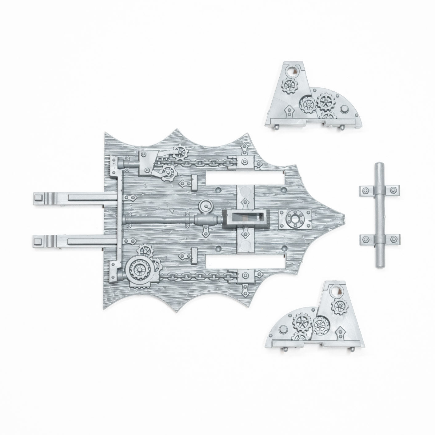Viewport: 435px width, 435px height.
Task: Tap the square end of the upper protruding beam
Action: tap(39, 197)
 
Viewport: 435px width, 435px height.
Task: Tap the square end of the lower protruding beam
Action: tap(39, 240)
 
